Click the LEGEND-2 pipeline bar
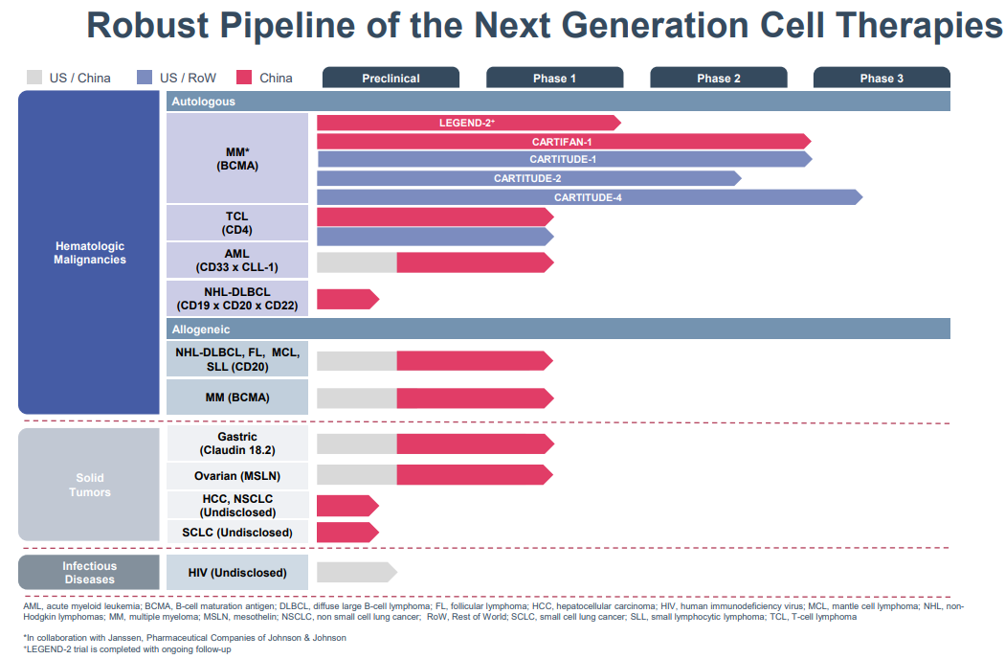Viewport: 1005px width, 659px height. point(467,123)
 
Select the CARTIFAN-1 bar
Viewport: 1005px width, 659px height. point(562,141)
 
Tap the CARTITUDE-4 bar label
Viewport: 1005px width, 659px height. point(588,197)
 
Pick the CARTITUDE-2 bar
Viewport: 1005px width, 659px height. point(527,178)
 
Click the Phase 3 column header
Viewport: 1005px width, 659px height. point(882,78)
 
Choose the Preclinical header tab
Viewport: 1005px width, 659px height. point(391,78)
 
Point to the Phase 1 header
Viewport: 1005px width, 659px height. point(554,78)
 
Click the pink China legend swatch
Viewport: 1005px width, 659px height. point(244,78)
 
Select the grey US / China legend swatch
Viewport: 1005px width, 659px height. point(34,78)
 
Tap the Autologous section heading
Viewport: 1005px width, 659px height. point(203,101)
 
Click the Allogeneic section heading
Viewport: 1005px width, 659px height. point(201,329)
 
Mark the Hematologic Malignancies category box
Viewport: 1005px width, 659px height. point(89,253)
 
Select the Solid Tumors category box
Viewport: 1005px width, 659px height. point(89,485)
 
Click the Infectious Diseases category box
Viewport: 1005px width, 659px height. point(89,573)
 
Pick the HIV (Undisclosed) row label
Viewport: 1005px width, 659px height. point(237,573)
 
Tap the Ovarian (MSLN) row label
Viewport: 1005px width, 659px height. point(237,474)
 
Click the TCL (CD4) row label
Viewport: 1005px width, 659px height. point(237,223)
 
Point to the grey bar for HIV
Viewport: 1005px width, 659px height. point(355,572)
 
